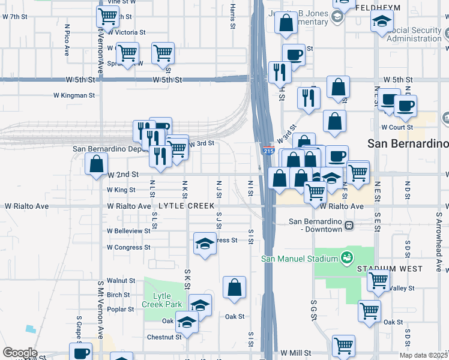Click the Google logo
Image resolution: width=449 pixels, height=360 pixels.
point(20,353)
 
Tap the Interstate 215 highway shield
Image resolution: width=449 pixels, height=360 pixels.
point(268,151)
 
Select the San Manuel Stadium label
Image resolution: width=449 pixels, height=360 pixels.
point(299,259)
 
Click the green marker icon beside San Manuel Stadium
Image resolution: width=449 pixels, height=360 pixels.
point(346,259)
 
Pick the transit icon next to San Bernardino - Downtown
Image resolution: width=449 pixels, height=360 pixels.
point(348,225)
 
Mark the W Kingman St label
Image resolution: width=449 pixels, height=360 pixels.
point(74,95)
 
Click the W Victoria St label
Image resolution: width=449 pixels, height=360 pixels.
point(126,32)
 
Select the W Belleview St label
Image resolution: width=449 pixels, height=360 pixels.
point(128,230)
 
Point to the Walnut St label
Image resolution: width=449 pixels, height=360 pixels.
point(121,280)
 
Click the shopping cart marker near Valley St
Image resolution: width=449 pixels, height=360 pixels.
point(378,280)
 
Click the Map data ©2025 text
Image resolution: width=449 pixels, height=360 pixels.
point(424,355)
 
